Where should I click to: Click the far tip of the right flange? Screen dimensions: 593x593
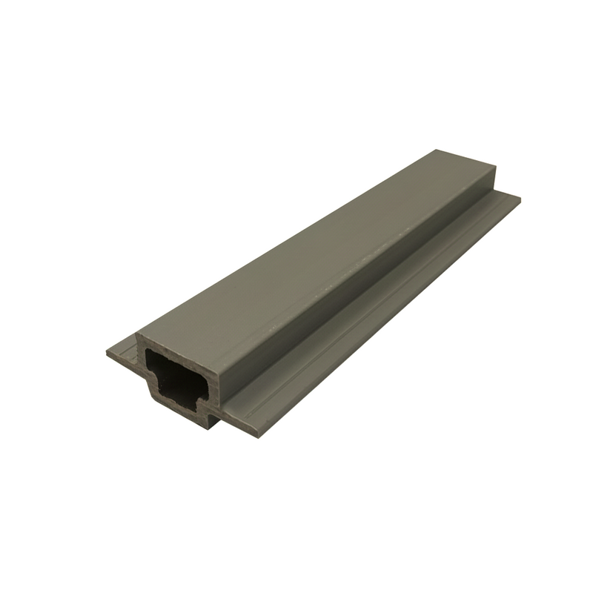click(x=518, y=199)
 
